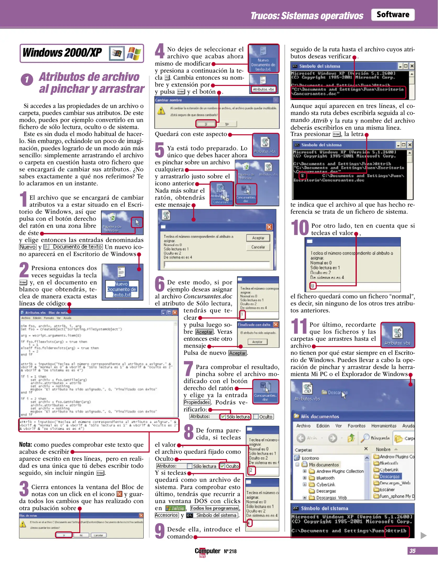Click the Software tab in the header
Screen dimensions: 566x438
tap(392, 15)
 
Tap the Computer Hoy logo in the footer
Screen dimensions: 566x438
tap(207, 551)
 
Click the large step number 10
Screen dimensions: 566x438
tap(300, 228)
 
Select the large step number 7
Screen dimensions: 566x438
tap(188, 369)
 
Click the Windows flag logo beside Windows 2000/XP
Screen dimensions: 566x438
tap(134, 53)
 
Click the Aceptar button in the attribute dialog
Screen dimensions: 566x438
tap(258, 238)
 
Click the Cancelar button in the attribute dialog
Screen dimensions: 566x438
tap(258, 247)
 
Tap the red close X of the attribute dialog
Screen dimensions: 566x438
tap(269, 227)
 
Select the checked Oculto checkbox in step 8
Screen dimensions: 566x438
tap(222, 466)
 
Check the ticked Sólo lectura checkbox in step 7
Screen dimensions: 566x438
tap(223, 417)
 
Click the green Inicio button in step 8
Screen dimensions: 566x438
tap(176, 508)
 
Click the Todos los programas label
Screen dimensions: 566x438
tap(214, 508)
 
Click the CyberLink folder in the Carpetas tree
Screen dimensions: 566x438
tap(325, 485)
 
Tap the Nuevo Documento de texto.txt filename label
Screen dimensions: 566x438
tap(122, 289)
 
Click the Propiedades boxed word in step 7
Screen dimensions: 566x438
tap(197, 402)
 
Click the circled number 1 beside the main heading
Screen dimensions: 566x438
tap(27, 80)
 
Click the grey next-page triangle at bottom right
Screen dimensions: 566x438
tap(423, 536)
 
